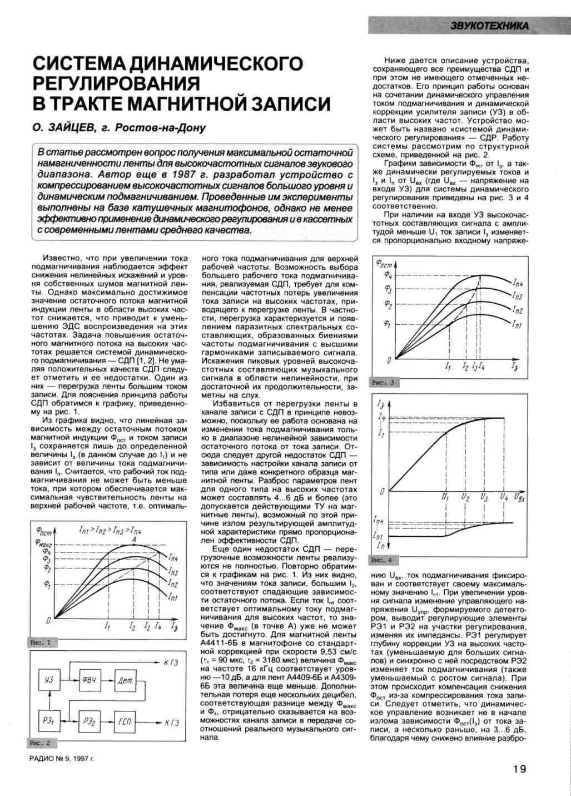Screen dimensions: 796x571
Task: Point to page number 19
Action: tap(519, 769)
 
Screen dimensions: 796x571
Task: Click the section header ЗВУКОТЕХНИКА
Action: tap(489, 26)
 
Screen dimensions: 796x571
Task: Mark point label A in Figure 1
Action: tap(135, 538)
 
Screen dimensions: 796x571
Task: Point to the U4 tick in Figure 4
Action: tap(503, 496)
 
